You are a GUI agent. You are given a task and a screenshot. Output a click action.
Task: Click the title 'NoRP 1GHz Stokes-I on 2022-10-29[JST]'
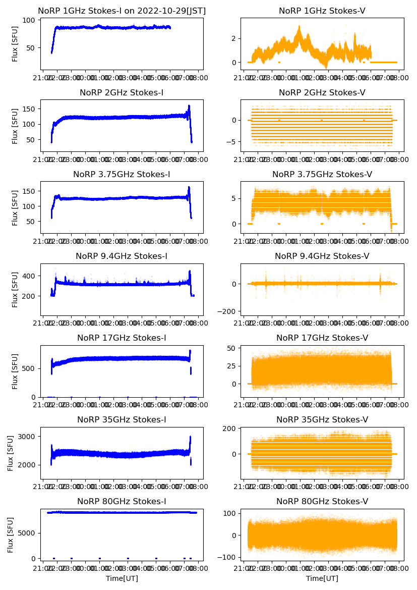(x=122, y=11)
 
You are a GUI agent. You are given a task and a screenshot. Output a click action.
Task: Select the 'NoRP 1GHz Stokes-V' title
(x=322, y=11)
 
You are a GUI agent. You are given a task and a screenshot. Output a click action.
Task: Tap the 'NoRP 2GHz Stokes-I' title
(x=122, y=92)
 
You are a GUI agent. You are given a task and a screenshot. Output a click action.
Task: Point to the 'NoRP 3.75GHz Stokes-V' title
(x=322, y=174)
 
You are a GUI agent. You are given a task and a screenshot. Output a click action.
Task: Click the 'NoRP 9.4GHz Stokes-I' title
(x=122, y=256)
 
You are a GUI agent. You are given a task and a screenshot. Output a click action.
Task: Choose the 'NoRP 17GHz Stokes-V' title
(x=322, y=338)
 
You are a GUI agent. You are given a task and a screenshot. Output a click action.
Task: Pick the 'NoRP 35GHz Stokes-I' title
(x=122, y=419)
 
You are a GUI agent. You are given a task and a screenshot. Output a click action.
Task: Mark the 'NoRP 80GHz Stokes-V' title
(x=322, y=501)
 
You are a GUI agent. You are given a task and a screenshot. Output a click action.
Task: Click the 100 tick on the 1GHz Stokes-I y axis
(x=30, y=20)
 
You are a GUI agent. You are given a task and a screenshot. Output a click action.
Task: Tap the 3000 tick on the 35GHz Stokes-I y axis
(x=26, y=437)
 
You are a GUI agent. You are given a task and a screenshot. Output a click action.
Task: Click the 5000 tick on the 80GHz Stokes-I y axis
(x=26, y=532)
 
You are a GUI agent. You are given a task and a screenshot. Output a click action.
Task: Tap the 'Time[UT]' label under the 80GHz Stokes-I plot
(x=122, y=578)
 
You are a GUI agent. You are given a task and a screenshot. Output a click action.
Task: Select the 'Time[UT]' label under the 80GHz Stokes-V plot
(x=322, y=578)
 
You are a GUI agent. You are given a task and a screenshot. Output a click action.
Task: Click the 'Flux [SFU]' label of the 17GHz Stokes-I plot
(x=15, y=371)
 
